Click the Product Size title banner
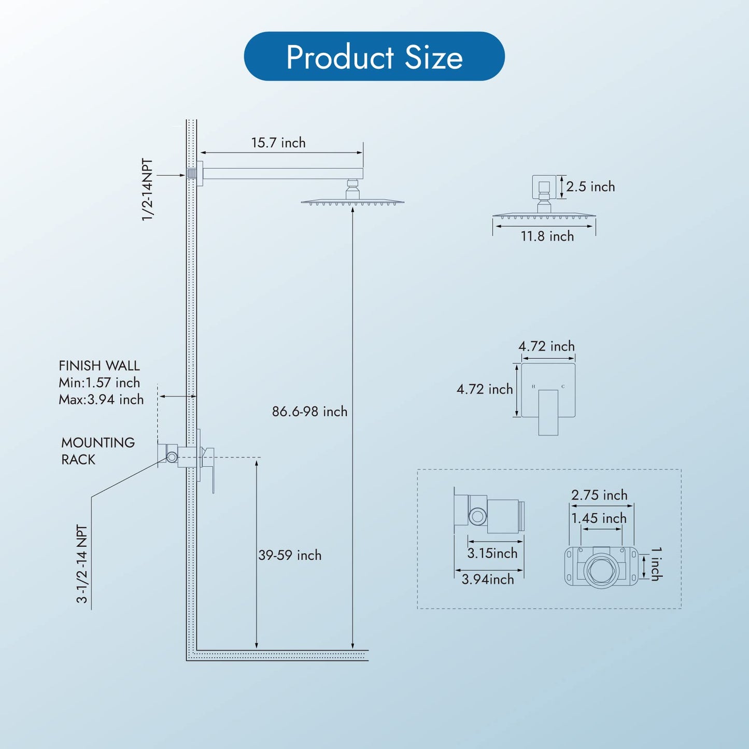click(374, 56)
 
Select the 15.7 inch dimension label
click(278, 143)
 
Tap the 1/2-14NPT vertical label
click(147, 190)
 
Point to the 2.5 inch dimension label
click(590, 187)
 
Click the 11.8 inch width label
click(547, 236)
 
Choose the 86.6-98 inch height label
click(309, 411)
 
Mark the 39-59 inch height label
click(290, 555)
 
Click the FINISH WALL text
click(99, 366)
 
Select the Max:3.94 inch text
click(101, 400)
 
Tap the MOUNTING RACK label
click(98, 451)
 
